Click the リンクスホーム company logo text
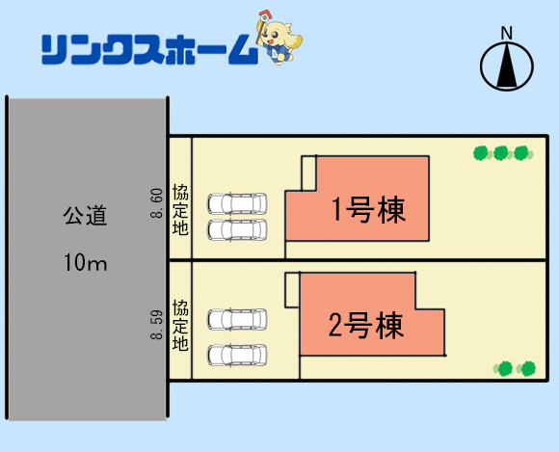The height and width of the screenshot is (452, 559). (149, 49)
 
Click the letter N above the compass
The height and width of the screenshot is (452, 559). (507, 33)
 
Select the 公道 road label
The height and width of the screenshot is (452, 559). (85, 215)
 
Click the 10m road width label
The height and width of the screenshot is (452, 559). (85, 262)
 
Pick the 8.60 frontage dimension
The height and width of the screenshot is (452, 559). (156, 203)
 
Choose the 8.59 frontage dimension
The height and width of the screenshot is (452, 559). (156, 325)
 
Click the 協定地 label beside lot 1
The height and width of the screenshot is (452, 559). (180, 209)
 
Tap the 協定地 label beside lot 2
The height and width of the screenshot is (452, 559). (180, 325)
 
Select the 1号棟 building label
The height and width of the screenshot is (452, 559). (368, 209)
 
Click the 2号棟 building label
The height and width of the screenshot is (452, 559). (366, 325)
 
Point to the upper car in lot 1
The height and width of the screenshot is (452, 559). (237, 204)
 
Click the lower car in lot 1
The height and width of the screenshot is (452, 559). (237, 230)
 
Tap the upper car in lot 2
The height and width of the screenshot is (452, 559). (237, 319)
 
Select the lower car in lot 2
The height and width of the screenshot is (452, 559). (237, 355)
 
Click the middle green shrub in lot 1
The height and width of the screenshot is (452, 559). (501, 153)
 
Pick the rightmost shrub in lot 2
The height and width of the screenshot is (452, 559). (527, 368)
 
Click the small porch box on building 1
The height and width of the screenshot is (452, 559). (308, 173)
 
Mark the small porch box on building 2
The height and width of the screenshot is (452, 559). (292, 290)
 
